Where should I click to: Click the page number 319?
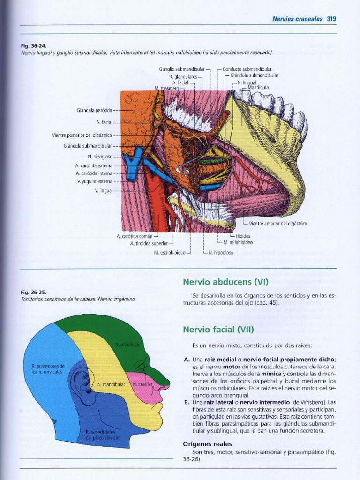[x=331, y=19]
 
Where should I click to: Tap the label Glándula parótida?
[x=94, y=110]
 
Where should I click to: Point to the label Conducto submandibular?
[x=247, y=69]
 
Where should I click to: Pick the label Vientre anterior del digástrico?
[x=277, y=224]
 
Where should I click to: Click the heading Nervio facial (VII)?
[x=218, y=330]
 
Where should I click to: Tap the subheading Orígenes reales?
[x=207, y=444]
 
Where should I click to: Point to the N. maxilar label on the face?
[x=141, y=384]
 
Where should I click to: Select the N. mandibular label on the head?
[x=111, y=384]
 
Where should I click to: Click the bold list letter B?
[x=187, y=402]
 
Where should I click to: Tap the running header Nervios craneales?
[x=297, y=19]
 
